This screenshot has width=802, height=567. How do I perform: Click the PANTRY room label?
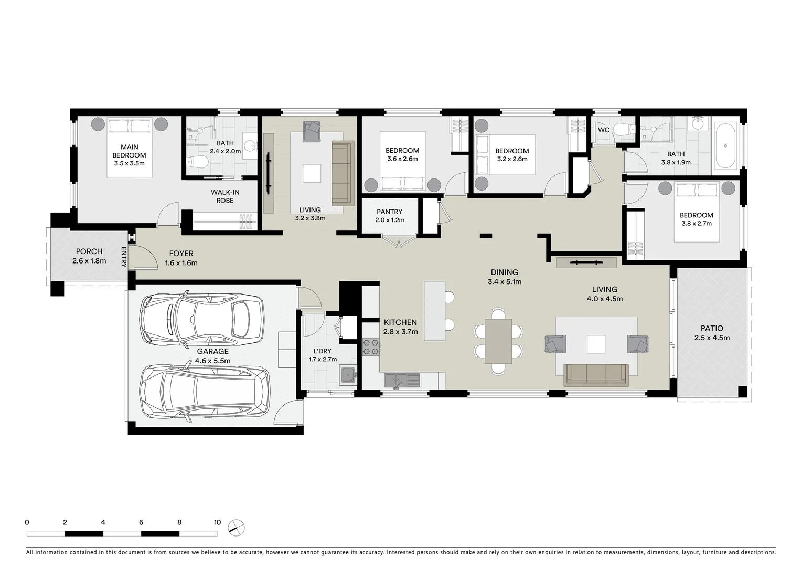coord(389,212)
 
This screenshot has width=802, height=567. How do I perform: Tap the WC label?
coord(604,130)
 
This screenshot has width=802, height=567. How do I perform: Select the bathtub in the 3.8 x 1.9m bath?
coord(726,146)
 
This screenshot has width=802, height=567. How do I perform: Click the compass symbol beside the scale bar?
coord(237,528)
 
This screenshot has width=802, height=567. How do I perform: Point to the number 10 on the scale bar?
coord(217,522)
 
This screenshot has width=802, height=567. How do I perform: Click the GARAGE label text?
coord(212,352)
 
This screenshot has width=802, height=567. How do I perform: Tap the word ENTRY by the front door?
coord(124,257)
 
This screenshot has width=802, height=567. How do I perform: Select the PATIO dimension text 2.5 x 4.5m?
coord(712,338)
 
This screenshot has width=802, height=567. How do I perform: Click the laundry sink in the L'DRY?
coord(348,375)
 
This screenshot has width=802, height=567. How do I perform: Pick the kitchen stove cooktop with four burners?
coord(371,347)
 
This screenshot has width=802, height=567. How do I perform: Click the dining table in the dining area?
coord(498,341)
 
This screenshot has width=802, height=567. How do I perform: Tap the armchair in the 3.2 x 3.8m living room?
coord(312,131)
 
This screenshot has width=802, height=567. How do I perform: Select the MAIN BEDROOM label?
coord(129,151)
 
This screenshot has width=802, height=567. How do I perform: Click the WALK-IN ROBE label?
coord(225,196)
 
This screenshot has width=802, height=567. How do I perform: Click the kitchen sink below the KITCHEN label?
coord(402,380)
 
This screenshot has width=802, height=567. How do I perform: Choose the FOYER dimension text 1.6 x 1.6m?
coord(181,262)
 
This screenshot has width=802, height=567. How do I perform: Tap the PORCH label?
coord(89,251)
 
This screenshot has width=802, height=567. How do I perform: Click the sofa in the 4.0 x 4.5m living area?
coord(596,375)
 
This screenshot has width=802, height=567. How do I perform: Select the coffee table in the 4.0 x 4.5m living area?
coord(596,344)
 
